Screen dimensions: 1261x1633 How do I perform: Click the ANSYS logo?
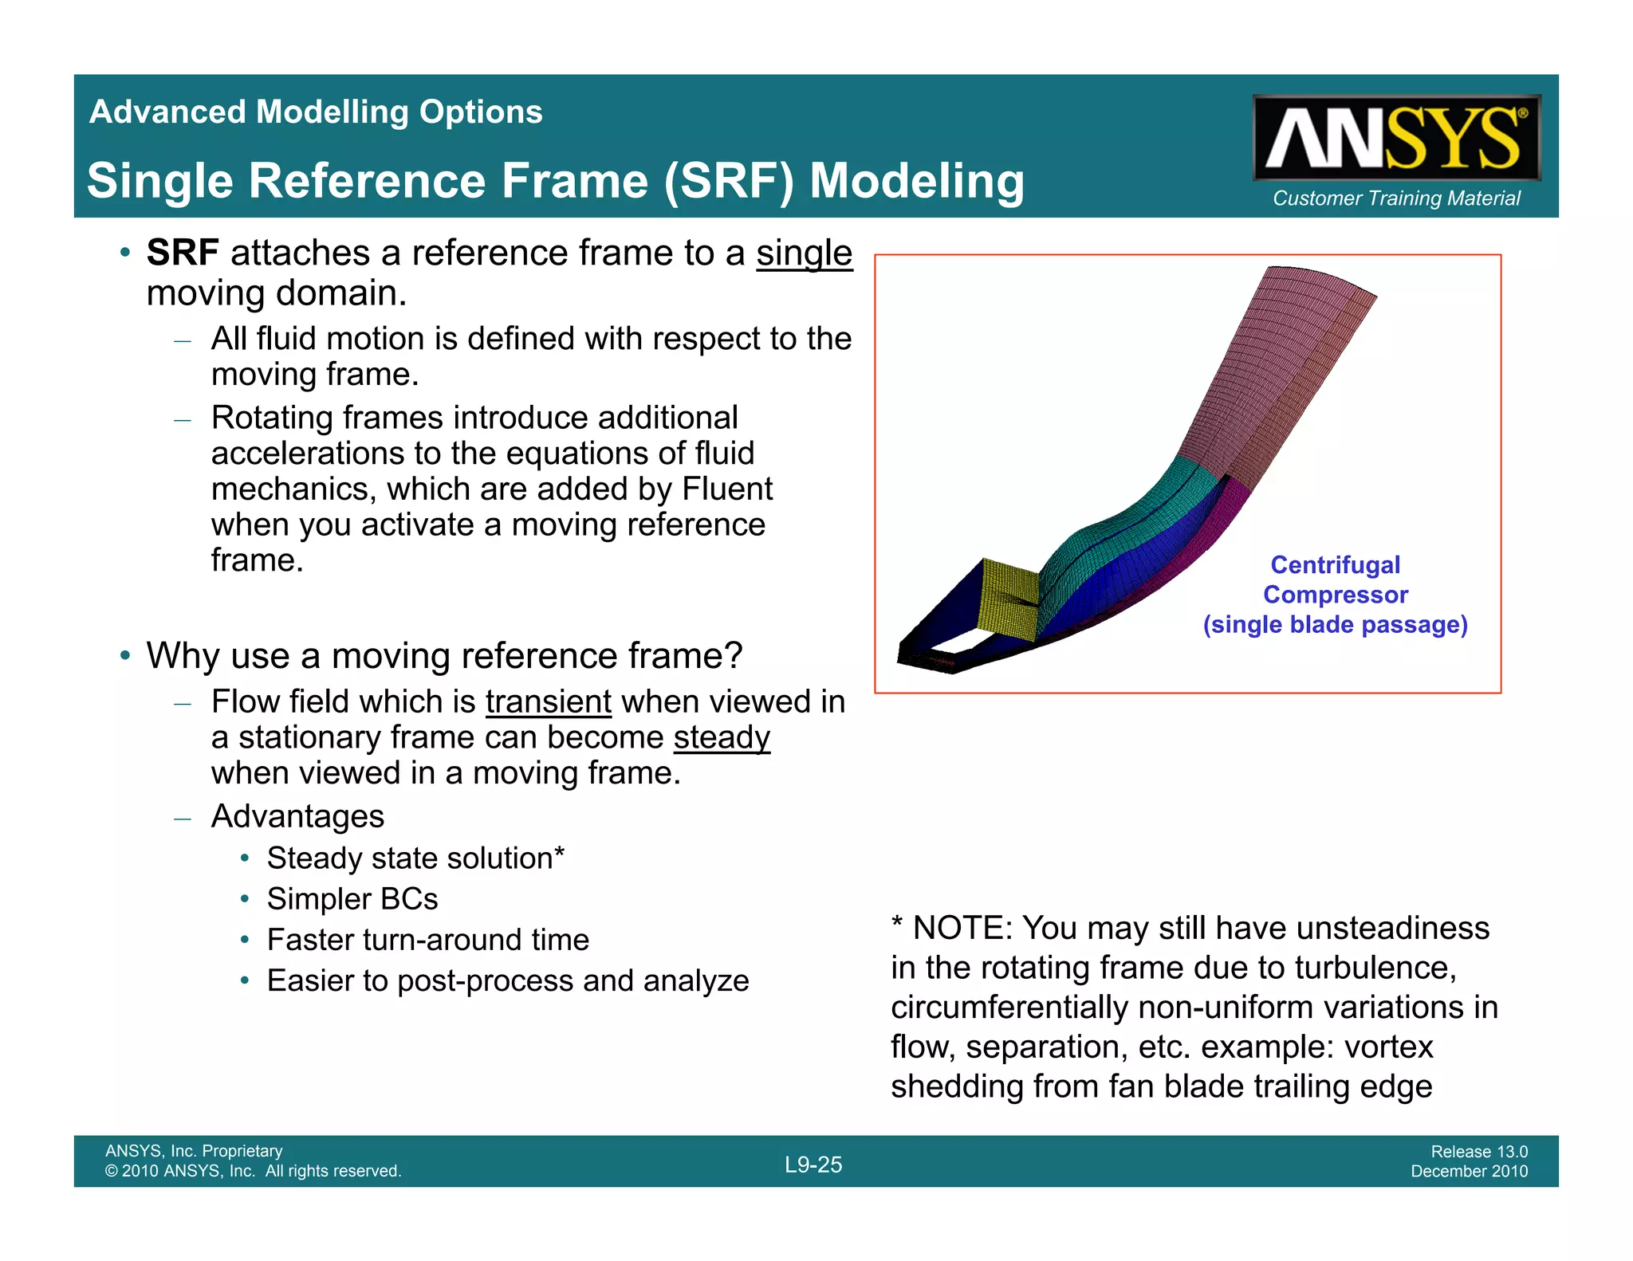1396,139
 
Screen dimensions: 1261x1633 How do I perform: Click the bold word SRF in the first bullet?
183,253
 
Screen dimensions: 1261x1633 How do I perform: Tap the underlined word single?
804,253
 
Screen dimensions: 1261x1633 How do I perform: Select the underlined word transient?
548,702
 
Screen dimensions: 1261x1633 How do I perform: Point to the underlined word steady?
722,738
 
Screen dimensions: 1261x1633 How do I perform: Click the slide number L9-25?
813,1165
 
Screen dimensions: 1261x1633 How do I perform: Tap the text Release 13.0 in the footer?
1478,1152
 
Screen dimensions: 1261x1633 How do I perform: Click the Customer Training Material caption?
1396,198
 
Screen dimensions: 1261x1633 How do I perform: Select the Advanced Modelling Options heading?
316,112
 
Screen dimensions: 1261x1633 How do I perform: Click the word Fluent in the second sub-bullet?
727,489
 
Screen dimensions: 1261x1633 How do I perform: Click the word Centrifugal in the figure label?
1335,565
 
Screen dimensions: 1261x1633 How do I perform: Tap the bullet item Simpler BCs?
352,899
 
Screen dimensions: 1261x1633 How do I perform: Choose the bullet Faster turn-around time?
427,941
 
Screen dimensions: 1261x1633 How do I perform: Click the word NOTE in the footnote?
961,929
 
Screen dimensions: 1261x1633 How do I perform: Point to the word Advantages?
297,817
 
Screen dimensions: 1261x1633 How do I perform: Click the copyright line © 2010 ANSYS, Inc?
253,1171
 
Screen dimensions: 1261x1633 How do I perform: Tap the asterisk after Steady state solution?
559,854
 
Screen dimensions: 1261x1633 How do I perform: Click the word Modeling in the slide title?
916,181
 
